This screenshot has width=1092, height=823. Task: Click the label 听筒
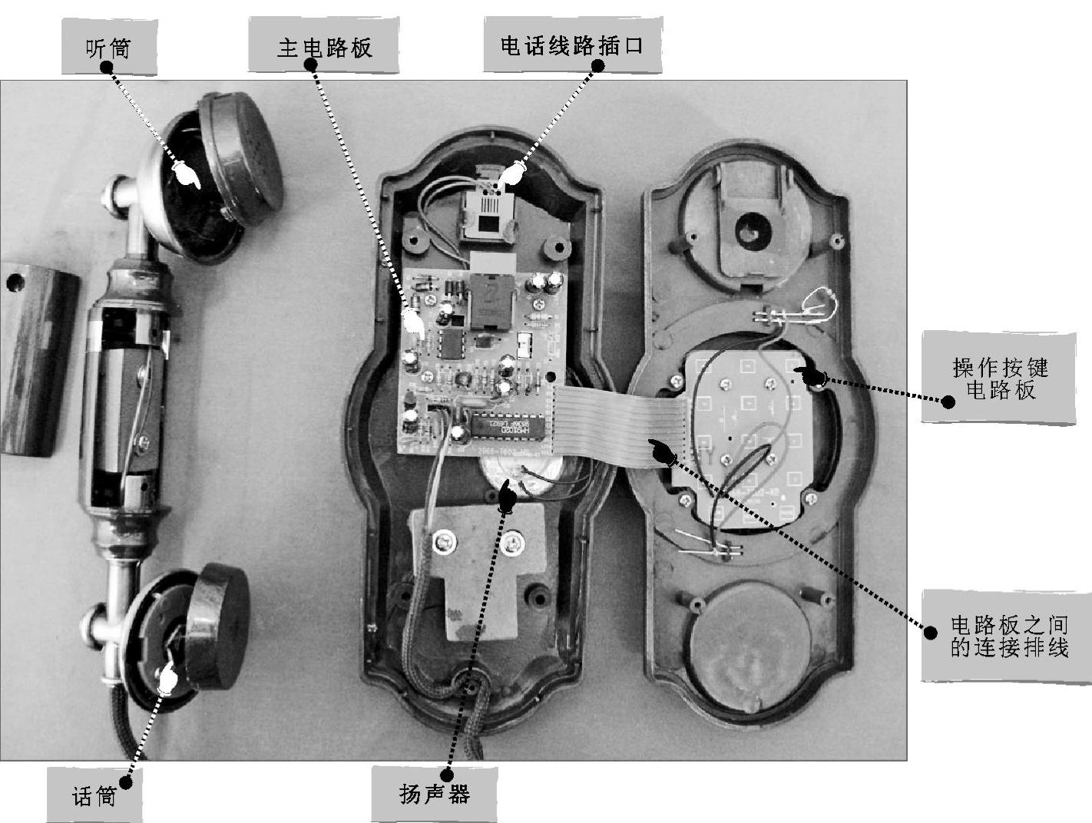[x=108, y=49]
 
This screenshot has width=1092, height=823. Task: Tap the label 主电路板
[x=323, y=48]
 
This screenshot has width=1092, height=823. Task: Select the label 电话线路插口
[x=572, y=46]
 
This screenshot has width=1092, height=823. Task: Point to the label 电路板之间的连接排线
[x=1009, y=636]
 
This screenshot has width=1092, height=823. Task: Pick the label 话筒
[x=94, y=796]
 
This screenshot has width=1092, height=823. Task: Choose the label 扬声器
[x=434, y=794]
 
